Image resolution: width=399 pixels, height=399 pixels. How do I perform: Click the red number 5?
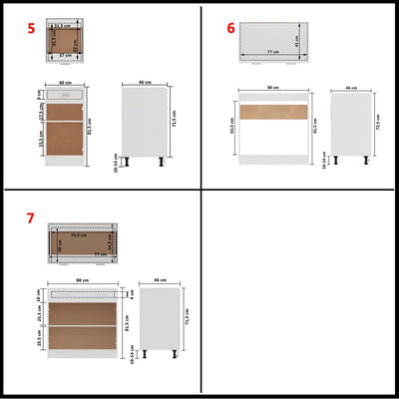pos(31,28)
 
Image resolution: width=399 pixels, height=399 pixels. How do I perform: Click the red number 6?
pos(231,28)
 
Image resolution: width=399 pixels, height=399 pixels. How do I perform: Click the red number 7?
pos(31,217)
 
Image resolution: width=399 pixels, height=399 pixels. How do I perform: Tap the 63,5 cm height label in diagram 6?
pos(230,127)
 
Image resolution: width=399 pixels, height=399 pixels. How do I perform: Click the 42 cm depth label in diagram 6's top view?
pos(298,41)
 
